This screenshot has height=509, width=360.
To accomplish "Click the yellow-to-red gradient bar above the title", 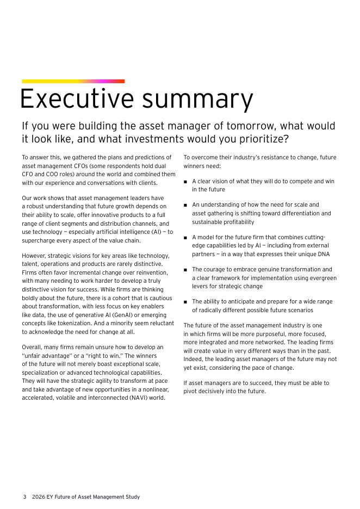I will pyautogui.click(x=73, y=82).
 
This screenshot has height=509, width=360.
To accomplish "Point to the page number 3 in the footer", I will pyautogui.click(x=24, y=497).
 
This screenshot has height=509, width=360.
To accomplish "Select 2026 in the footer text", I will pyautogui.click(x=39, y=497).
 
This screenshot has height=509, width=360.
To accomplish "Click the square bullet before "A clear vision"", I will pyautogui.click(x=185, y=182).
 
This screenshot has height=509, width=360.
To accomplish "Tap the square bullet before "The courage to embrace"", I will pyautogui.click(x=185, y=270).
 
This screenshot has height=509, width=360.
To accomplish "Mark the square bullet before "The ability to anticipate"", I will pyautogui.click(x=185, y=302).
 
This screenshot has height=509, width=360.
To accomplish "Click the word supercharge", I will pyautogui.click(x=41, y=240).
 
